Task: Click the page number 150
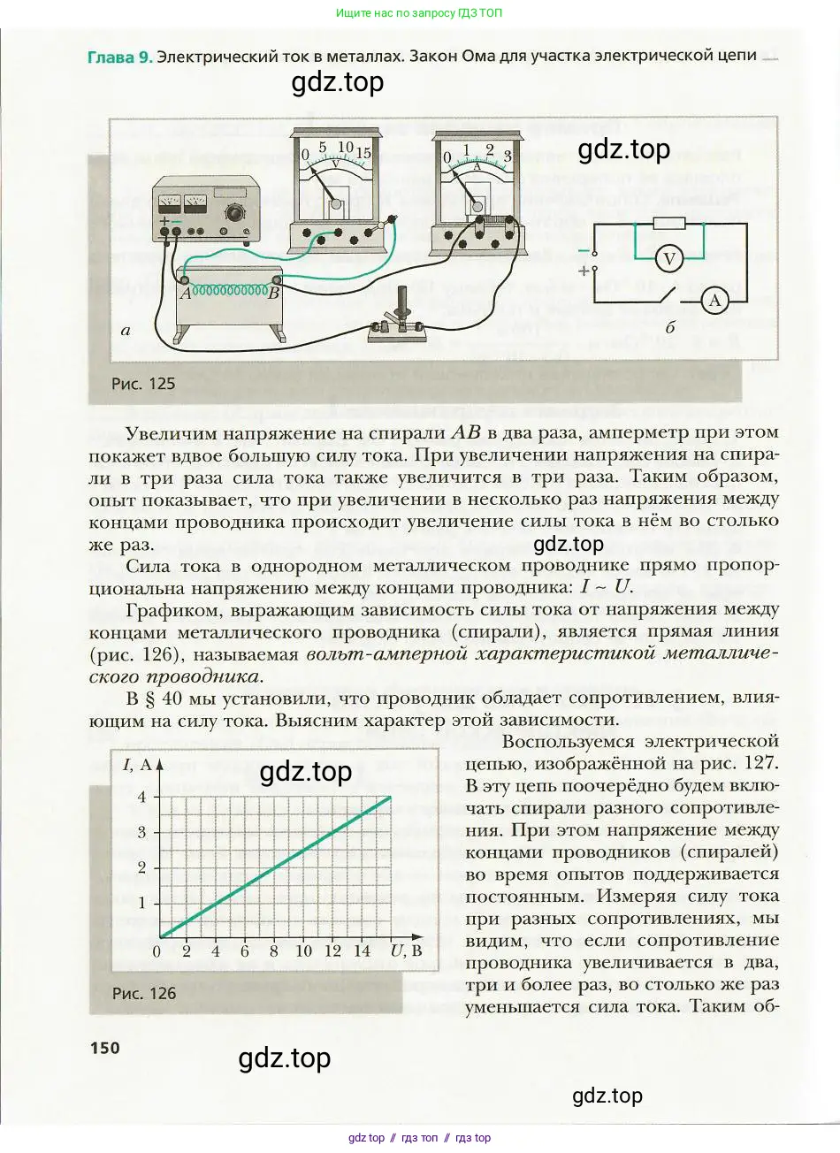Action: click(x=104, y=1048)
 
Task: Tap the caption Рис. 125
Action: click(x=143, y=384)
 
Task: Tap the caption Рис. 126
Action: click(x=143, y=993)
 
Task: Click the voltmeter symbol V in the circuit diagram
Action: click(x=669, y=259)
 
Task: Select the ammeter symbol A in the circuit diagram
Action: click(x=714, y=302)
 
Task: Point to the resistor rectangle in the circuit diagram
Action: click(x=668, y=224)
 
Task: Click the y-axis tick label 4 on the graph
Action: click(x=141, y=797)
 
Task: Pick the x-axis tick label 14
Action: click(x=362, y=951)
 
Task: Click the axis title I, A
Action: click(x=137, y=765)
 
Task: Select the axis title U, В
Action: click(x=406, y=951)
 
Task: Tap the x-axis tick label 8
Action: click(x=273, y=951)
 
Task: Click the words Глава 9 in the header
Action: click(x=119, y=57)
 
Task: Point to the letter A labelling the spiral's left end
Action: click(x=186, y=294)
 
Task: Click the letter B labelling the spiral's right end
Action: click(x=274, y=294)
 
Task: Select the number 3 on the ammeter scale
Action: click(x=507, y=157)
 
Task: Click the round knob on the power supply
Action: click(x=234, y=213)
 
